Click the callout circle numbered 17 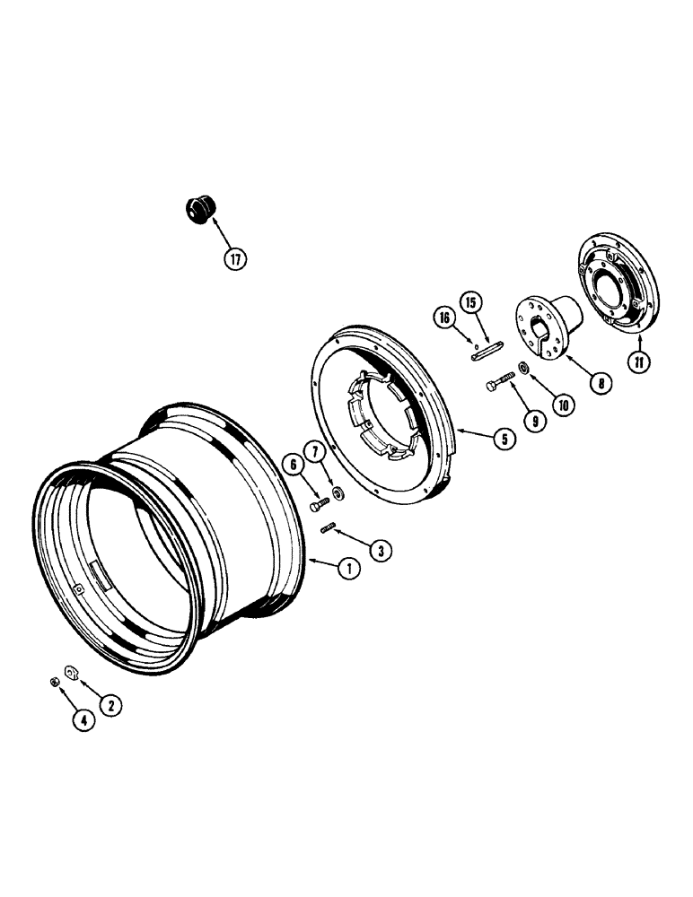pos(236,259)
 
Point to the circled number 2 pos(111,705)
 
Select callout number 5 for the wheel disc pos(504,439)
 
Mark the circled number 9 pos(537,419)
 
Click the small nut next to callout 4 pos(55,682)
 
